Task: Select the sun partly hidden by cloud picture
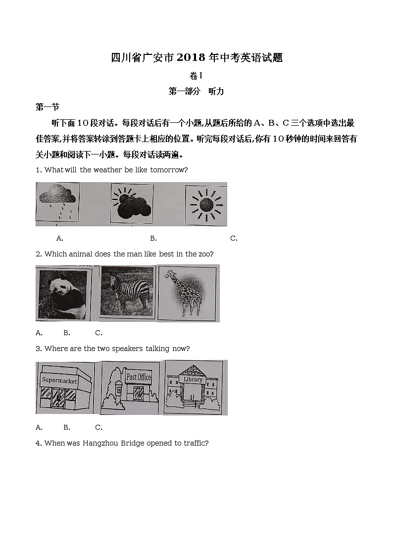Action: (132, 203)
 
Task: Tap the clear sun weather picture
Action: (206, 204)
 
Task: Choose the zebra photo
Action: (128, 292)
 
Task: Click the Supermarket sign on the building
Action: (59, 381)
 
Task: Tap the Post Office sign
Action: (139, 377)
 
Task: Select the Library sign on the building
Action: (193, 380)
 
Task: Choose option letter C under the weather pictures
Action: (234, 238)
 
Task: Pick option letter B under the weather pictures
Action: (153, 238)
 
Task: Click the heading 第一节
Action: (48, 107)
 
